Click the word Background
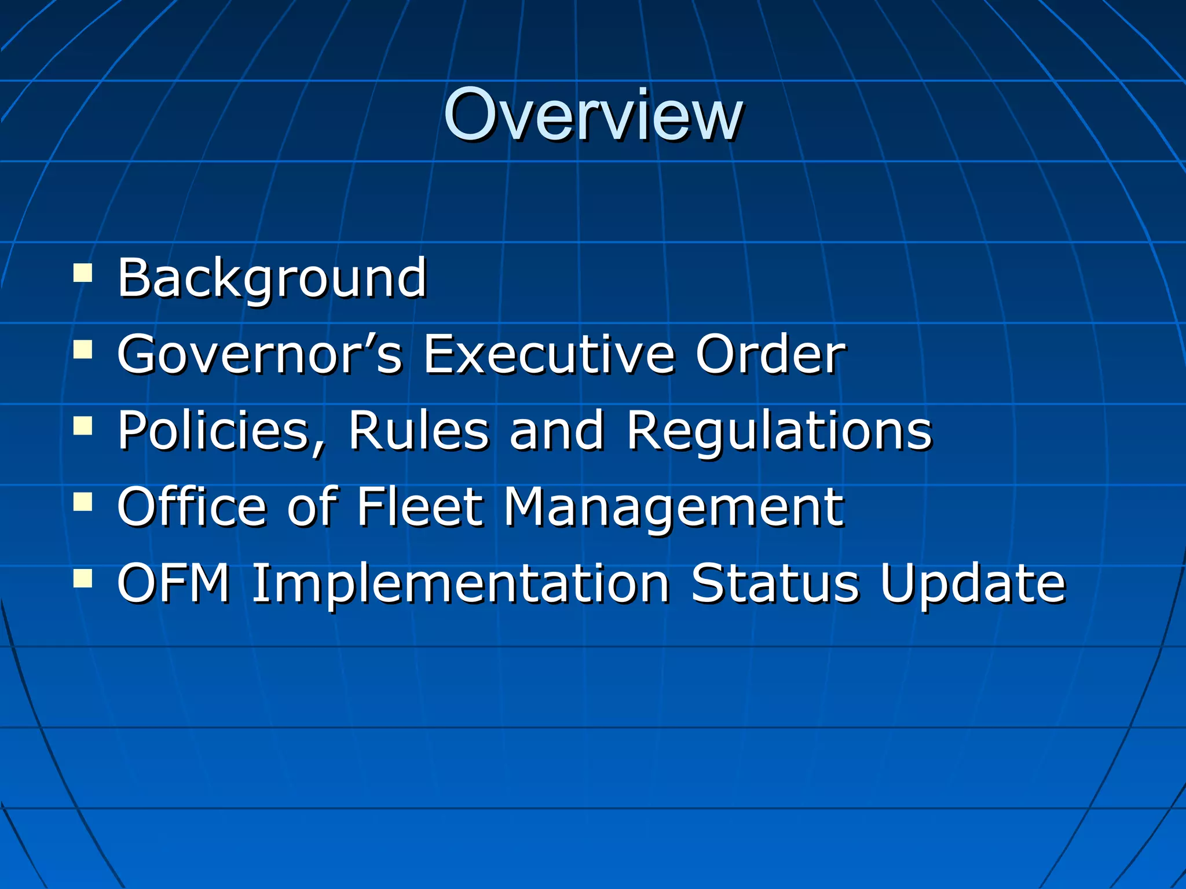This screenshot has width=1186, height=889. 272,278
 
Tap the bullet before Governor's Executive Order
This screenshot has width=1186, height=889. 83,350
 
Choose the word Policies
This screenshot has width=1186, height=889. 222,431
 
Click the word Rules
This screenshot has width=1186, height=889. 418,431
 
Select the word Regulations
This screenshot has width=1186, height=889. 779,431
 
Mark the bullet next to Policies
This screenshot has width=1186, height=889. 83,427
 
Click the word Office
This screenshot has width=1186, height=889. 192,507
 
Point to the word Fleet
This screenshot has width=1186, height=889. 419,507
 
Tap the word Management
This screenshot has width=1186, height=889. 673,507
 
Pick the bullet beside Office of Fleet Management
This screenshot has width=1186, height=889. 83,502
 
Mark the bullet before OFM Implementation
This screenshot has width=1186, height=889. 83,578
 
